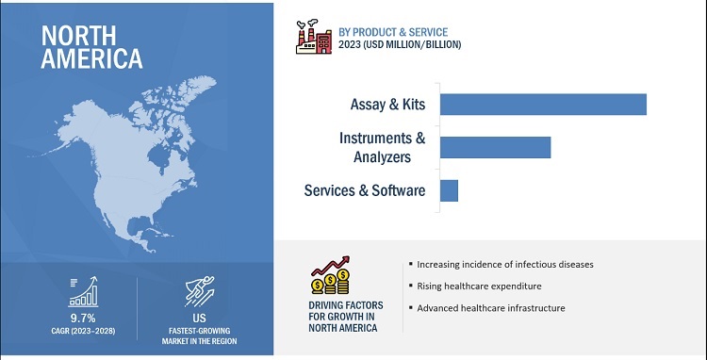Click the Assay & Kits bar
click(543, 105)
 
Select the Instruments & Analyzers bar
click(496, 147)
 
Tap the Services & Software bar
click(449, 190)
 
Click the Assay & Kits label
click(387, 105)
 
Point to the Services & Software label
click(364, 190)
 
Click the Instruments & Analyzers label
click(383, 147)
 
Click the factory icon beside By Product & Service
click(314, 37)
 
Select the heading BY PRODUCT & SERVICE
click(393, 32)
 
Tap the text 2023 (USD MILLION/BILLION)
click(400, 44)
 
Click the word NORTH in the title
click(78, 36)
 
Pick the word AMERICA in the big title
click(91, 58)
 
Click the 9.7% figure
click(83, 319)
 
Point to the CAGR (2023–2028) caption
click(83, 331)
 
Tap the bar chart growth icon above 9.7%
click(83, 292)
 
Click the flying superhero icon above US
click(200, 291)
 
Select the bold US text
click(199, 319)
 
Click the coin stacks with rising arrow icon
click(331, 275)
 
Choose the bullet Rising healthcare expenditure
click(476, 286)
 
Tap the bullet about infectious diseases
click(501, 265)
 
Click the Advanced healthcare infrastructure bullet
click(487, 308)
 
